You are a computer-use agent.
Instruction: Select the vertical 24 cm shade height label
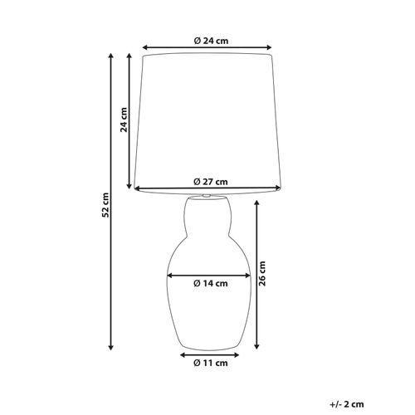(x=122, y=120)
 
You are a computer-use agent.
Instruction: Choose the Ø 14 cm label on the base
(x=210, y=283)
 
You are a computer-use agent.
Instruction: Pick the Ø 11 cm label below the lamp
(x=210, y=363)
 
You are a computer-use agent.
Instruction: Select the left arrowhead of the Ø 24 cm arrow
(x=146, y=47)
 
